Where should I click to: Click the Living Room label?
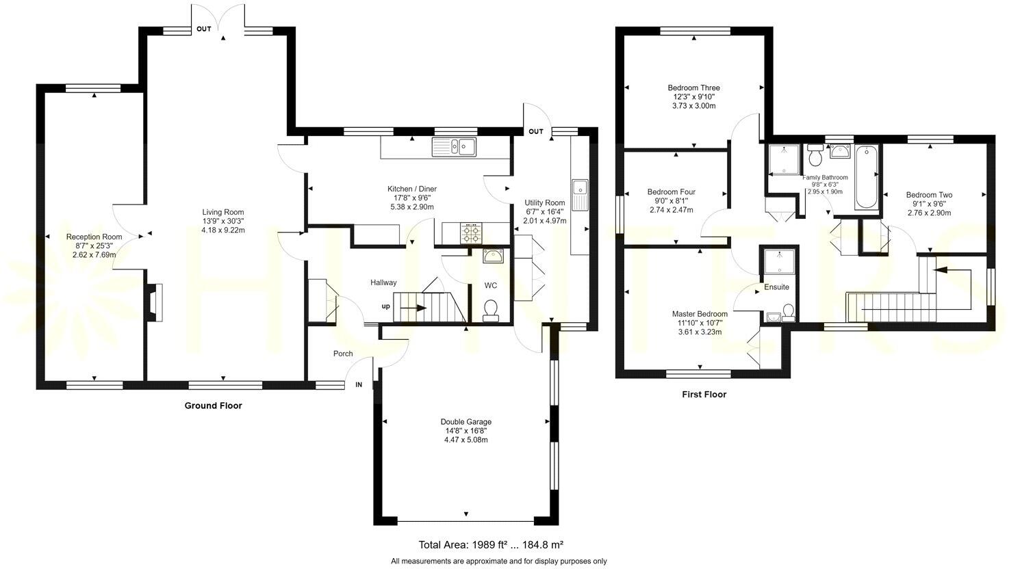222,212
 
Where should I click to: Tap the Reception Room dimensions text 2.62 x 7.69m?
94,255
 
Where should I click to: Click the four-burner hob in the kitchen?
471,234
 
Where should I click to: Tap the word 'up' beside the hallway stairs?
386,306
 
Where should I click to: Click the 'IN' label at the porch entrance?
358,385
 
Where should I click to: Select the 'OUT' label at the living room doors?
203,29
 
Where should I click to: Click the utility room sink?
579,187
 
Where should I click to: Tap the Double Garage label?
465,422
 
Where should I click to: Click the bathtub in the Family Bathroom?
865,177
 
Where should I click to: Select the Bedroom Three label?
693,88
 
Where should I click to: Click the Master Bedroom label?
699,314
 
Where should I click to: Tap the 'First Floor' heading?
704,395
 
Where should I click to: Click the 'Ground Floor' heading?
213,406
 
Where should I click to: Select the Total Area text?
490,545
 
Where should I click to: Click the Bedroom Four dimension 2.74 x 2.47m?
671,210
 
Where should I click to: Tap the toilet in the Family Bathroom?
815,157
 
